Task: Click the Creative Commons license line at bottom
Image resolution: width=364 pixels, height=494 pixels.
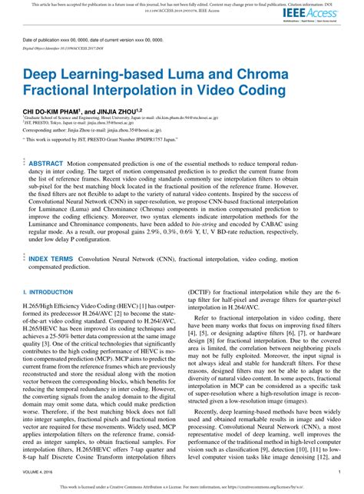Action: point(181,486)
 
